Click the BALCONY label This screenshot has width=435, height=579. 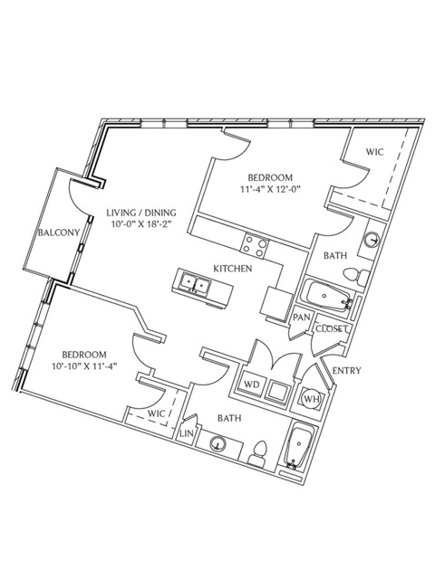(59, 233)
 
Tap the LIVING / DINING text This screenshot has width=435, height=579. (141, 213)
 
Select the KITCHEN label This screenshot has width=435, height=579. (233, 269)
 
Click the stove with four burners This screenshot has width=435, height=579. (255, 246)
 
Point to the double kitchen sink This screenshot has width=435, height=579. (196, 284)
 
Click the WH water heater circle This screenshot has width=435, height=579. (312, 399)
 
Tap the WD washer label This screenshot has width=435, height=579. (252, 384)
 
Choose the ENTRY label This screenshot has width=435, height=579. (346, 370)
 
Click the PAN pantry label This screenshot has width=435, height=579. (302, 318)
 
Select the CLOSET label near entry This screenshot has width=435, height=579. (332, 328)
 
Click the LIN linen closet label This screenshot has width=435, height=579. (187, 433)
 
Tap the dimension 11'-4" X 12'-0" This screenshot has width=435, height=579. (270, 189)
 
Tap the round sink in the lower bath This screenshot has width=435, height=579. (217, 444)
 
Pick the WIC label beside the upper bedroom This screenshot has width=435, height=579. (374, 152)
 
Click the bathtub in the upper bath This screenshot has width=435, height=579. (326, 296)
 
